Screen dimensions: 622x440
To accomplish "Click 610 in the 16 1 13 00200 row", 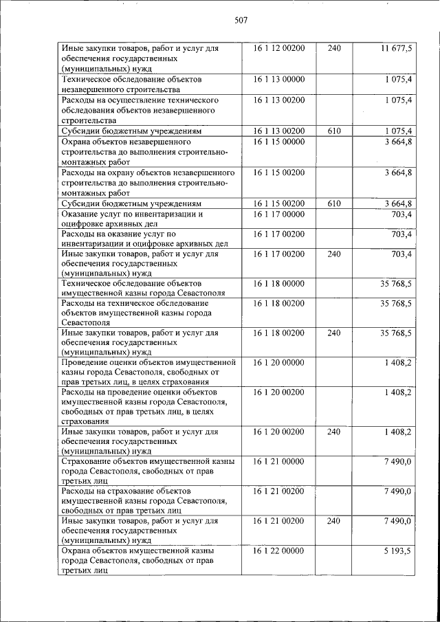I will point(334,130).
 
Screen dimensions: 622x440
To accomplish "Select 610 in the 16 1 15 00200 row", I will point(334,203).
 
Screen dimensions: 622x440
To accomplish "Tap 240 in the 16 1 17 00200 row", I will point(334,254).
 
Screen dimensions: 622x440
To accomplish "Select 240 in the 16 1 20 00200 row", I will point(334,432).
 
